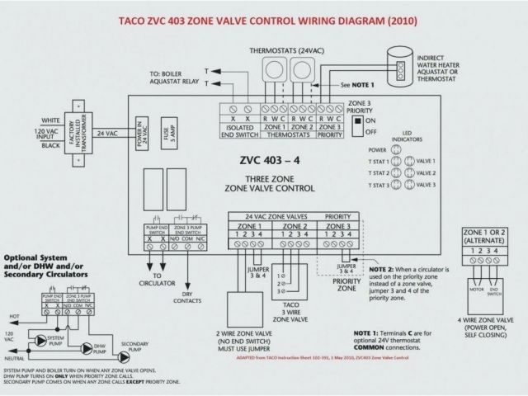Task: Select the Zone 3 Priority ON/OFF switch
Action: pos(356,125)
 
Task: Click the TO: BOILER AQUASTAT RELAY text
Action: pos(176,77)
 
